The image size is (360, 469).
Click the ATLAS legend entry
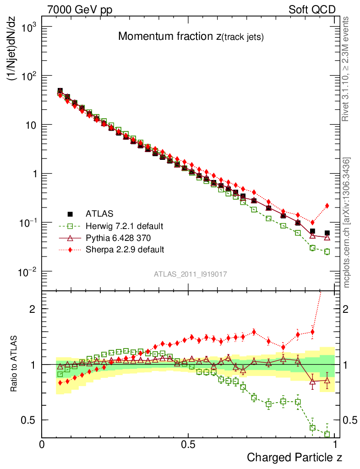tap(98, 213)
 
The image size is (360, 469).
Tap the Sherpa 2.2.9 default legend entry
tap(125, 250)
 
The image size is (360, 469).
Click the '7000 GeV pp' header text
tap(80, 10)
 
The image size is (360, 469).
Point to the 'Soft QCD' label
tap(312, 10)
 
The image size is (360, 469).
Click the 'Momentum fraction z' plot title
tap(191, 37)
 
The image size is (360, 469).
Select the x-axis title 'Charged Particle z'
tap(295, 457)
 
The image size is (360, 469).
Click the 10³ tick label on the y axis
tap(27, 27)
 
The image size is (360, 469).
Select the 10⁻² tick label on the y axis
tap(27, 272)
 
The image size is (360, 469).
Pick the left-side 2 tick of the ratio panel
tap(32, 309)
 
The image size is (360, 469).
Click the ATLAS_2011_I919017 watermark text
tap(191, 274)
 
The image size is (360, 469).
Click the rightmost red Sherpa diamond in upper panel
tap(327, 206)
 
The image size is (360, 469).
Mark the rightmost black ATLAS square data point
tap(327, 233)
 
